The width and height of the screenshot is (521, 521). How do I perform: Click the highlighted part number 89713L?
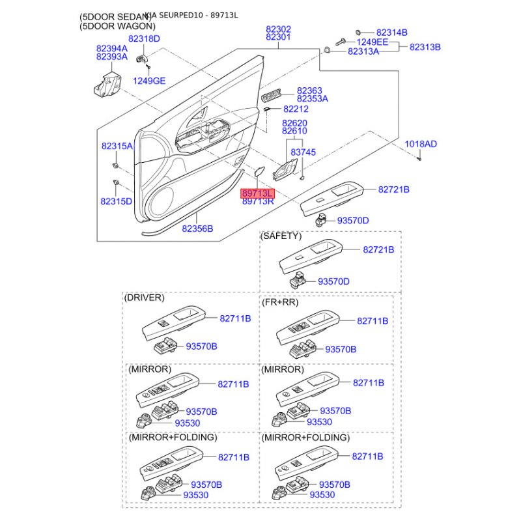click(x=258, y=193)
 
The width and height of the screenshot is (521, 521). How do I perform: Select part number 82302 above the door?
click(x=278, y=29)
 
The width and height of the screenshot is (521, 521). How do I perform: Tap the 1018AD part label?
click(x=421, y=143)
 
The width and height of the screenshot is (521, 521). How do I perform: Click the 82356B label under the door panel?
click(x=197, y=229)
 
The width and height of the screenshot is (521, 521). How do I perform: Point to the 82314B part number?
click(x=391, y=32)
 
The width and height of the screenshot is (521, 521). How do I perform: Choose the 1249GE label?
click(x=150, y=81)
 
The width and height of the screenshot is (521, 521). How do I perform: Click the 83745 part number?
click(x=303, y=152)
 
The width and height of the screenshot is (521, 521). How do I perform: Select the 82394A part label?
click(x=111, y=48)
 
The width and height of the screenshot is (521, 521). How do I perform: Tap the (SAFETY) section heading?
click(x=281, y=236)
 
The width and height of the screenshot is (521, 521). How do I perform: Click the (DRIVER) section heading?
click(x=145, y=298)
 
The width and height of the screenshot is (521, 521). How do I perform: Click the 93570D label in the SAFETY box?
click(x=333, y=281)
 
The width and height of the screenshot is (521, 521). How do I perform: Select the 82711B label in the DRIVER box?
click(x=235, y=318)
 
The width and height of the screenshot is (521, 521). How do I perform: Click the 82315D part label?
click(x=117, y=201)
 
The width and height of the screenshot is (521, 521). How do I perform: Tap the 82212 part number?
click(x=296, y=109)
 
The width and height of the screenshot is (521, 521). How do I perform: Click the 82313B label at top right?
click(x=425, y=47)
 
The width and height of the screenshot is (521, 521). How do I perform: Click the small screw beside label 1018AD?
click(x=421, y=157)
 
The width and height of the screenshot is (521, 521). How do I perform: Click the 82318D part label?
click(x=144, y=39)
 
